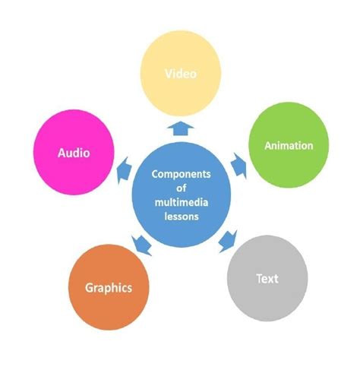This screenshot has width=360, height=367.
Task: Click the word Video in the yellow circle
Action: [181, 74]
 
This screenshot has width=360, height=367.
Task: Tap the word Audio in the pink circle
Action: [74, 153]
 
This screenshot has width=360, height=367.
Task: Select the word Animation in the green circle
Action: [289, 146]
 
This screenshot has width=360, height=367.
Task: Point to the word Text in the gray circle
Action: [267, 279]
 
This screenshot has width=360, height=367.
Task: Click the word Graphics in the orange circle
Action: [109, 288]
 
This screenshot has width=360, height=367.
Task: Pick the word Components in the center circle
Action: [182, 174]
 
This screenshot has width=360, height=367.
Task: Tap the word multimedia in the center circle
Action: [182, 202]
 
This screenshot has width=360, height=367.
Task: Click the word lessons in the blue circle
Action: [182, 217]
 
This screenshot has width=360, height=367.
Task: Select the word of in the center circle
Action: [182, 188]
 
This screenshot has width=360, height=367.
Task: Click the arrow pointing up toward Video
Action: [181, 128]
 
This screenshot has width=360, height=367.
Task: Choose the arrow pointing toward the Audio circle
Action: [124, 170]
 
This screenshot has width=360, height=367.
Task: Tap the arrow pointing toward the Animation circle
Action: [239, 166]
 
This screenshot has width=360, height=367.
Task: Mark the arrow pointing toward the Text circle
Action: [228, 242]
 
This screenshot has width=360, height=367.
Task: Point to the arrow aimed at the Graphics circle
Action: [141, 245]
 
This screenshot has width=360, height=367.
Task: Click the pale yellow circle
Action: [181, 74]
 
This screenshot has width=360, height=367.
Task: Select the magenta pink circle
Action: [74, 152]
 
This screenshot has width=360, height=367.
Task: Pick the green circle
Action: [289, 145]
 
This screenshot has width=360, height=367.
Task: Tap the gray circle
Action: [267, 278]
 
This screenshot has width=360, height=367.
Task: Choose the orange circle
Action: [109, 287]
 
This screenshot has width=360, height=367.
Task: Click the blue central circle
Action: [182, 195]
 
